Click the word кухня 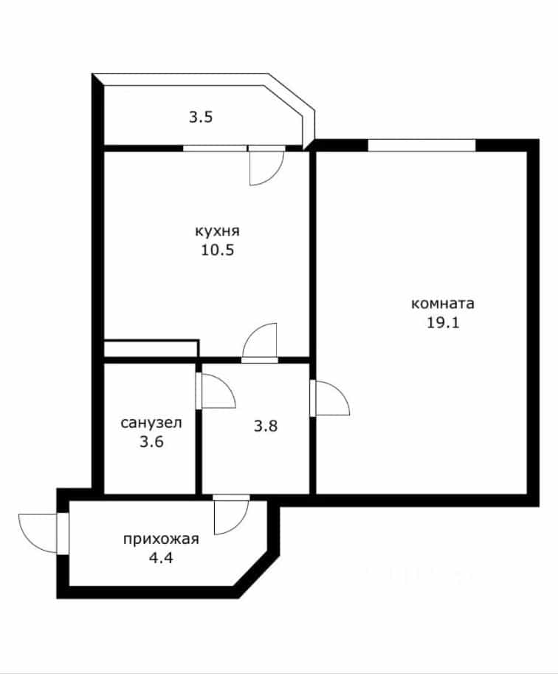pyautogui.click(x=218, y=231)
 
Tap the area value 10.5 pyautogui.click(x=218, y=251)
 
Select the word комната pyautogui.click(x=443, y=304)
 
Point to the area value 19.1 pyautogui.click(x=443, y=322)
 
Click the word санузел pyautogui.click(x=151, y=423)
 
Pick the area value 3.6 pyautogui.click(x=151, y=441)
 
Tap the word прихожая pyautogui.click(x=161, y=539)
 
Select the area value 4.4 pyautogui.click(x=161, y=558)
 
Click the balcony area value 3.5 pyautogui.click(x=201, y=117)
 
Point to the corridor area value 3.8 pyautogui.click(x=266, y=426)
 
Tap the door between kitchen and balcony pyautogui.click(x=266, y=166)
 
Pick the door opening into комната pyautogui.click(x=330, y=398)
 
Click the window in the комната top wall pyautogui.click(x=421, y=146)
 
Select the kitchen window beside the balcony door pyautogui.click(x=215, y=149)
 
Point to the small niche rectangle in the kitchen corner pyautogui.click(x=151, y=349)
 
